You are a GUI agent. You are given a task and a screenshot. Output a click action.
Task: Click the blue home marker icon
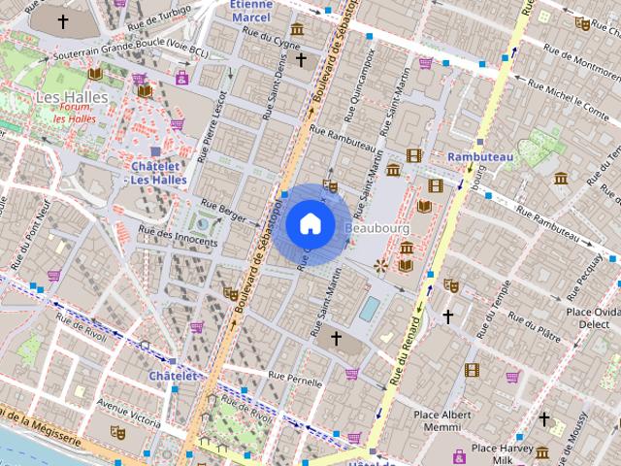coord(310,223)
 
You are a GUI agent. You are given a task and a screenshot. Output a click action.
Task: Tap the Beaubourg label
coord(377,227)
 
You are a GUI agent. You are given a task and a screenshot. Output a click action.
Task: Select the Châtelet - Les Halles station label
coord(158,172)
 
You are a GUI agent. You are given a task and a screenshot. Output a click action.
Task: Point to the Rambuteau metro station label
coord(478,156)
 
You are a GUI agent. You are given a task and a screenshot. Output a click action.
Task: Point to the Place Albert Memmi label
coord(442,420)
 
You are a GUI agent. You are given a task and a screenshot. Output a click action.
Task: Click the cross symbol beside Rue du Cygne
coord(301,60)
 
